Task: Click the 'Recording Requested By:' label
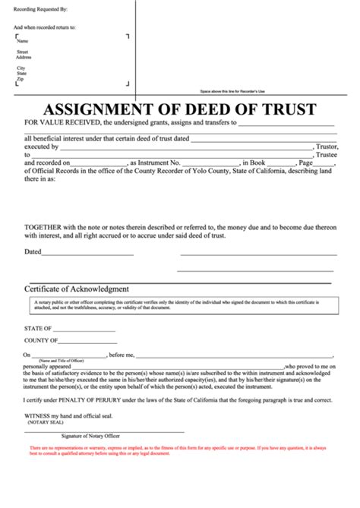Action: tap(40, 10)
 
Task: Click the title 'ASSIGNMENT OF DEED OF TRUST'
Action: tap(179, 109)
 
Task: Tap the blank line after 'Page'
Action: tap(324, 162)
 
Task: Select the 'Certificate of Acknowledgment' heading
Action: tap(77, 289)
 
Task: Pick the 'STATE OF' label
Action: tap(38, 329)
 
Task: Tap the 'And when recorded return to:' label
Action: tap(45, 26)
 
